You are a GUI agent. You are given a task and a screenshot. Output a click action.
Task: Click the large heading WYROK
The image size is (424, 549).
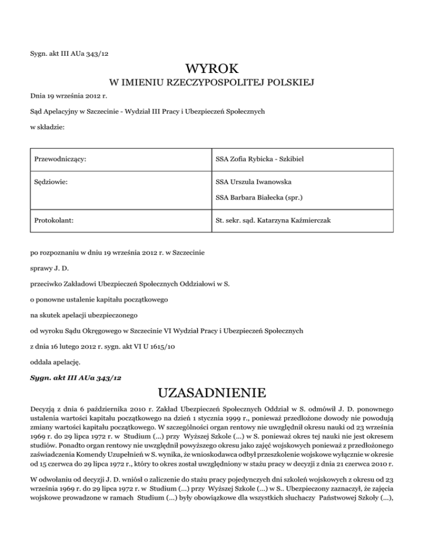tap(212, 69)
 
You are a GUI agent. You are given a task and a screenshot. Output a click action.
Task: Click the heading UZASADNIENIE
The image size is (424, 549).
tap(212, 393)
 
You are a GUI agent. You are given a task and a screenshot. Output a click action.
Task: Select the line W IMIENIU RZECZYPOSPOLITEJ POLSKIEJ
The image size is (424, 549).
tap(212, 83)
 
